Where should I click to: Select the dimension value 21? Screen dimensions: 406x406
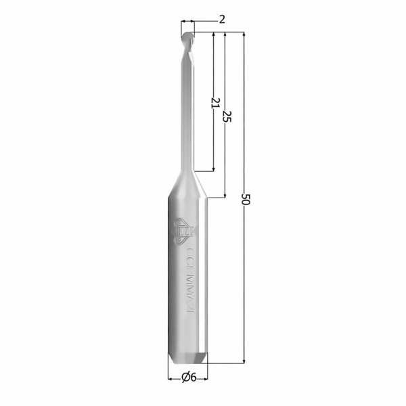pos(215,103)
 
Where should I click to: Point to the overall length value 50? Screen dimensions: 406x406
pos(245,200)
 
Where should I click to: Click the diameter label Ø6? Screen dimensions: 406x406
pos(189,378)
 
